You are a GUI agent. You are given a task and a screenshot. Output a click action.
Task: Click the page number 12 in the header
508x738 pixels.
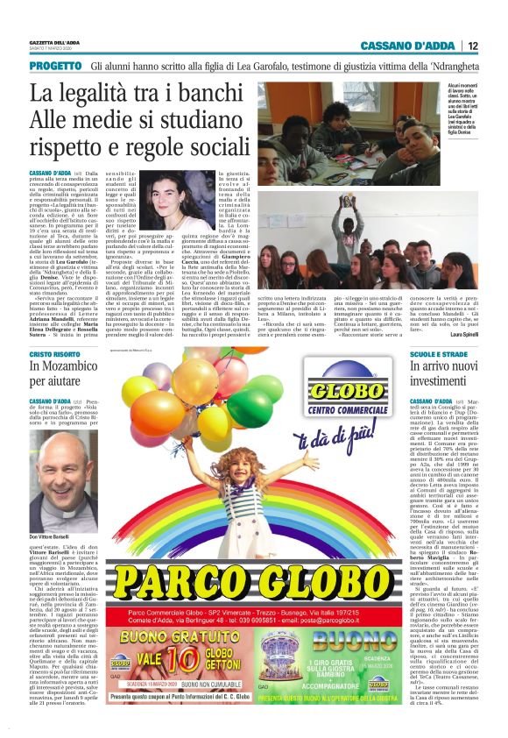[x=473, y=46]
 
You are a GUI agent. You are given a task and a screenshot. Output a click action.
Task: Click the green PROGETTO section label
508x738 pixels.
[x=54, y=66]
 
